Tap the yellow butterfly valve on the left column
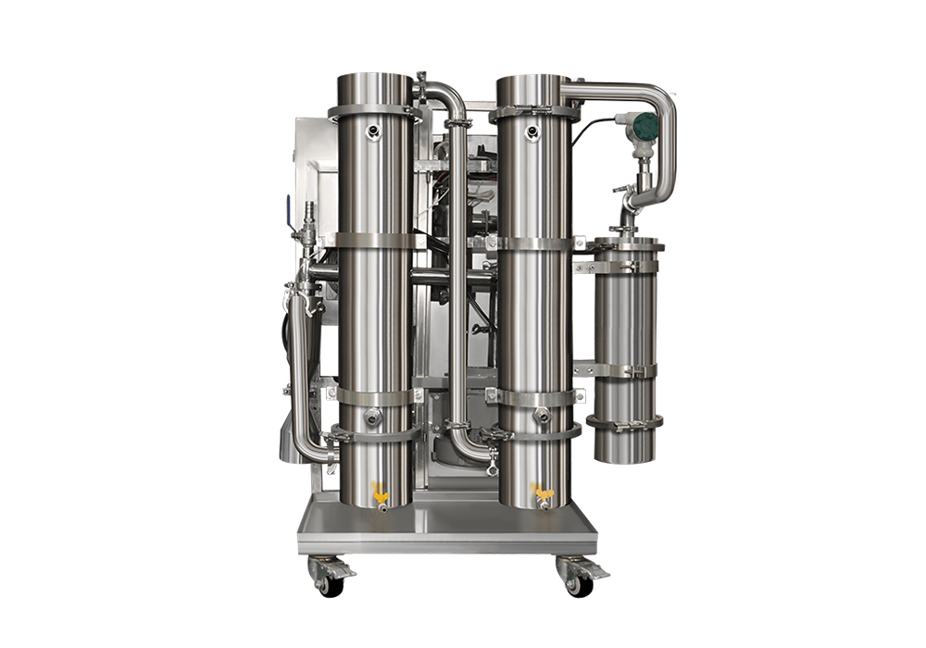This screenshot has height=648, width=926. click(377, 489)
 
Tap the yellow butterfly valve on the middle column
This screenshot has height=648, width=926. click(540, 489)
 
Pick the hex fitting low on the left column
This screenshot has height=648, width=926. click(372, 417)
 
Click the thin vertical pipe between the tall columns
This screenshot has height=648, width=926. click(457, 278)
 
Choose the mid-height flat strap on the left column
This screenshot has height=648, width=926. click(374, 240)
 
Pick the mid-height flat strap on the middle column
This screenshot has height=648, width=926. click(535, 243)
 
